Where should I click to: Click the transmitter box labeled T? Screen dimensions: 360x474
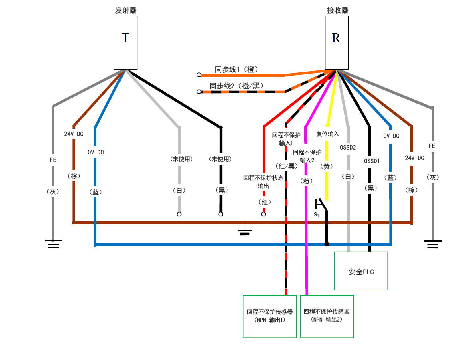[125, 43]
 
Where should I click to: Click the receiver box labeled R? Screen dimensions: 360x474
[336, 43]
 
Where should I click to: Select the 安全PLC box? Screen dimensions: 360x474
[361, 271]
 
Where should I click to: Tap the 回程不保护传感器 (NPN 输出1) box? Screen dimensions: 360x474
[270, 316]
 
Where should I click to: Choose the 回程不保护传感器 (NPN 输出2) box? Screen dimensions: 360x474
[327, 316]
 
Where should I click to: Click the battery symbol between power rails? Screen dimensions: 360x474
[245, 233]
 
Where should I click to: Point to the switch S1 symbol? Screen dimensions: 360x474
[321, 206]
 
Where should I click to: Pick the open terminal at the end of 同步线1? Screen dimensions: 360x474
[199, 75]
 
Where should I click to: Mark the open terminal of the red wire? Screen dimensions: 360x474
[263, 214]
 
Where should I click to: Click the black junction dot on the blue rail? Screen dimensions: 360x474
[327, 244]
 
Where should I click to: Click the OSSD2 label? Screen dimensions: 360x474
[348, 147]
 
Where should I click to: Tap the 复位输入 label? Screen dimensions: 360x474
[327, 134]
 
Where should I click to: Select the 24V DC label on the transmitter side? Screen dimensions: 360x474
[74, 134]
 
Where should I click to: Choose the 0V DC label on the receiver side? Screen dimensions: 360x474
[391, 136]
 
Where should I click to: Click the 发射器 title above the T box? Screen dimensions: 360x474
[125, 10]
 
